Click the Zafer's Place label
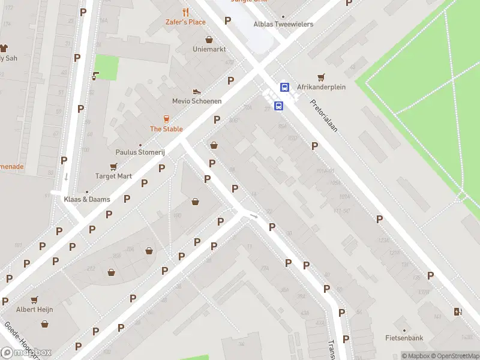click(185, 22)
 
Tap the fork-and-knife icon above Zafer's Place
click(185, 12)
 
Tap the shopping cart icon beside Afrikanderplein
click(322, 77)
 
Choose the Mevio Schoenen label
click(197, 101)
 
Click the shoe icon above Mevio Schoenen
click(196, 91)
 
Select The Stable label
click(166, 129)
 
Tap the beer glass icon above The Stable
click(167, 119)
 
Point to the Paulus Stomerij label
click(140, 152)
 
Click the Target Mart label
click(113, 176)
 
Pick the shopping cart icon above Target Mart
click(113, 166)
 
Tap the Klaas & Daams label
click(88, 199)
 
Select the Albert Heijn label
click(35, 310)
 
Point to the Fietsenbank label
click(404, 338)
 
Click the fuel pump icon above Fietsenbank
click(458, 311)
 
